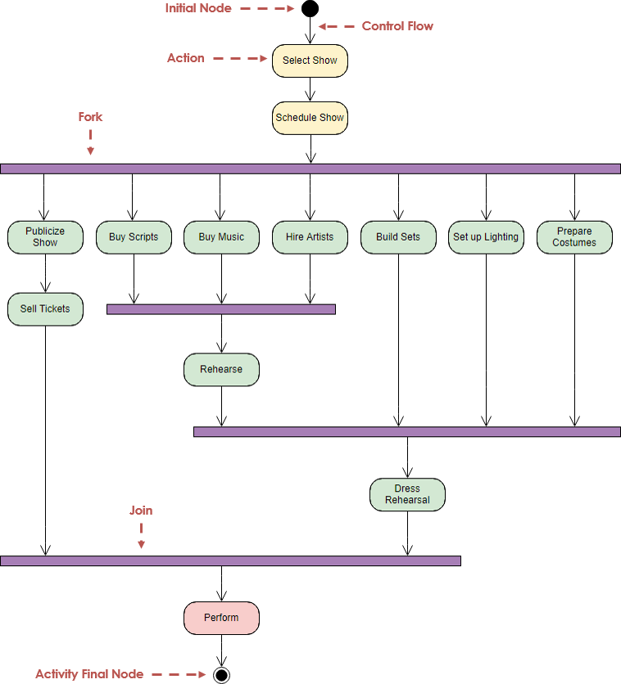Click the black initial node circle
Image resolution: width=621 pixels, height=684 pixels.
pyautogui.click(x=310, y=9)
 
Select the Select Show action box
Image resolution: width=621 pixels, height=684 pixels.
pyautogui.click(x=310, y=61)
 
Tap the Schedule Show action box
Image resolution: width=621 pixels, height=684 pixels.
pyautogui.click(x=310, y=118)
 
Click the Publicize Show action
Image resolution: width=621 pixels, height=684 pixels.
pyautogui.click(x=45, y=237)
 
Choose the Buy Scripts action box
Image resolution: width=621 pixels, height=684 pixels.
pyautogui.click(x=134, y=237)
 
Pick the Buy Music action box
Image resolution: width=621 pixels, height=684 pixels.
pyautogui.click(x=221, y=237)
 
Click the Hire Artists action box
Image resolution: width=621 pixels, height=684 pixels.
pyautogui.click(x=310, y=237)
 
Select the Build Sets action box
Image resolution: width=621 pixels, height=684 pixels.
pyautogui.click(x=398, y=237)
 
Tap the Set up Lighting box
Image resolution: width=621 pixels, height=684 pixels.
pyautogui.click(x=486, y=237)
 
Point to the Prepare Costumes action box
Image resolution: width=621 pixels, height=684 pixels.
pyautogui.click(x=574, y=237)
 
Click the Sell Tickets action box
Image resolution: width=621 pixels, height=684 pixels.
pyautogui.click(x=45, y=309)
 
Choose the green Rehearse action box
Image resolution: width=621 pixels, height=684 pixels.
pyautogui.click(x=221, y=370)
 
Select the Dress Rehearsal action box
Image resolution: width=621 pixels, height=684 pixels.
pyautogui.click(x=407, y=494)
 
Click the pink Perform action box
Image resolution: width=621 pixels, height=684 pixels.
pyautogui.click(x=221, y=618)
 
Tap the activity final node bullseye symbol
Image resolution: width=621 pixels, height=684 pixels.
pyautogui.click(x=221, y=675)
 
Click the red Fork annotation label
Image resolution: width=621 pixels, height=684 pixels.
pyautogui.click(x=90, y=117)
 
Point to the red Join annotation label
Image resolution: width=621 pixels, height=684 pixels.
pyautogui.click(x=141, y=511)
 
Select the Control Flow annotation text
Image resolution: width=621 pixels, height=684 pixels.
pyautogui.click(x=397, y=26)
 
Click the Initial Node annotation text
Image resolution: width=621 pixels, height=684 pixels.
pyautogui.click(x=198, y=8)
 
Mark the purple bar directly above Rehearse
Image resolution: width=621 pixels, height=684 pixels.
pyautogui.click(x=221, y=309)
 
